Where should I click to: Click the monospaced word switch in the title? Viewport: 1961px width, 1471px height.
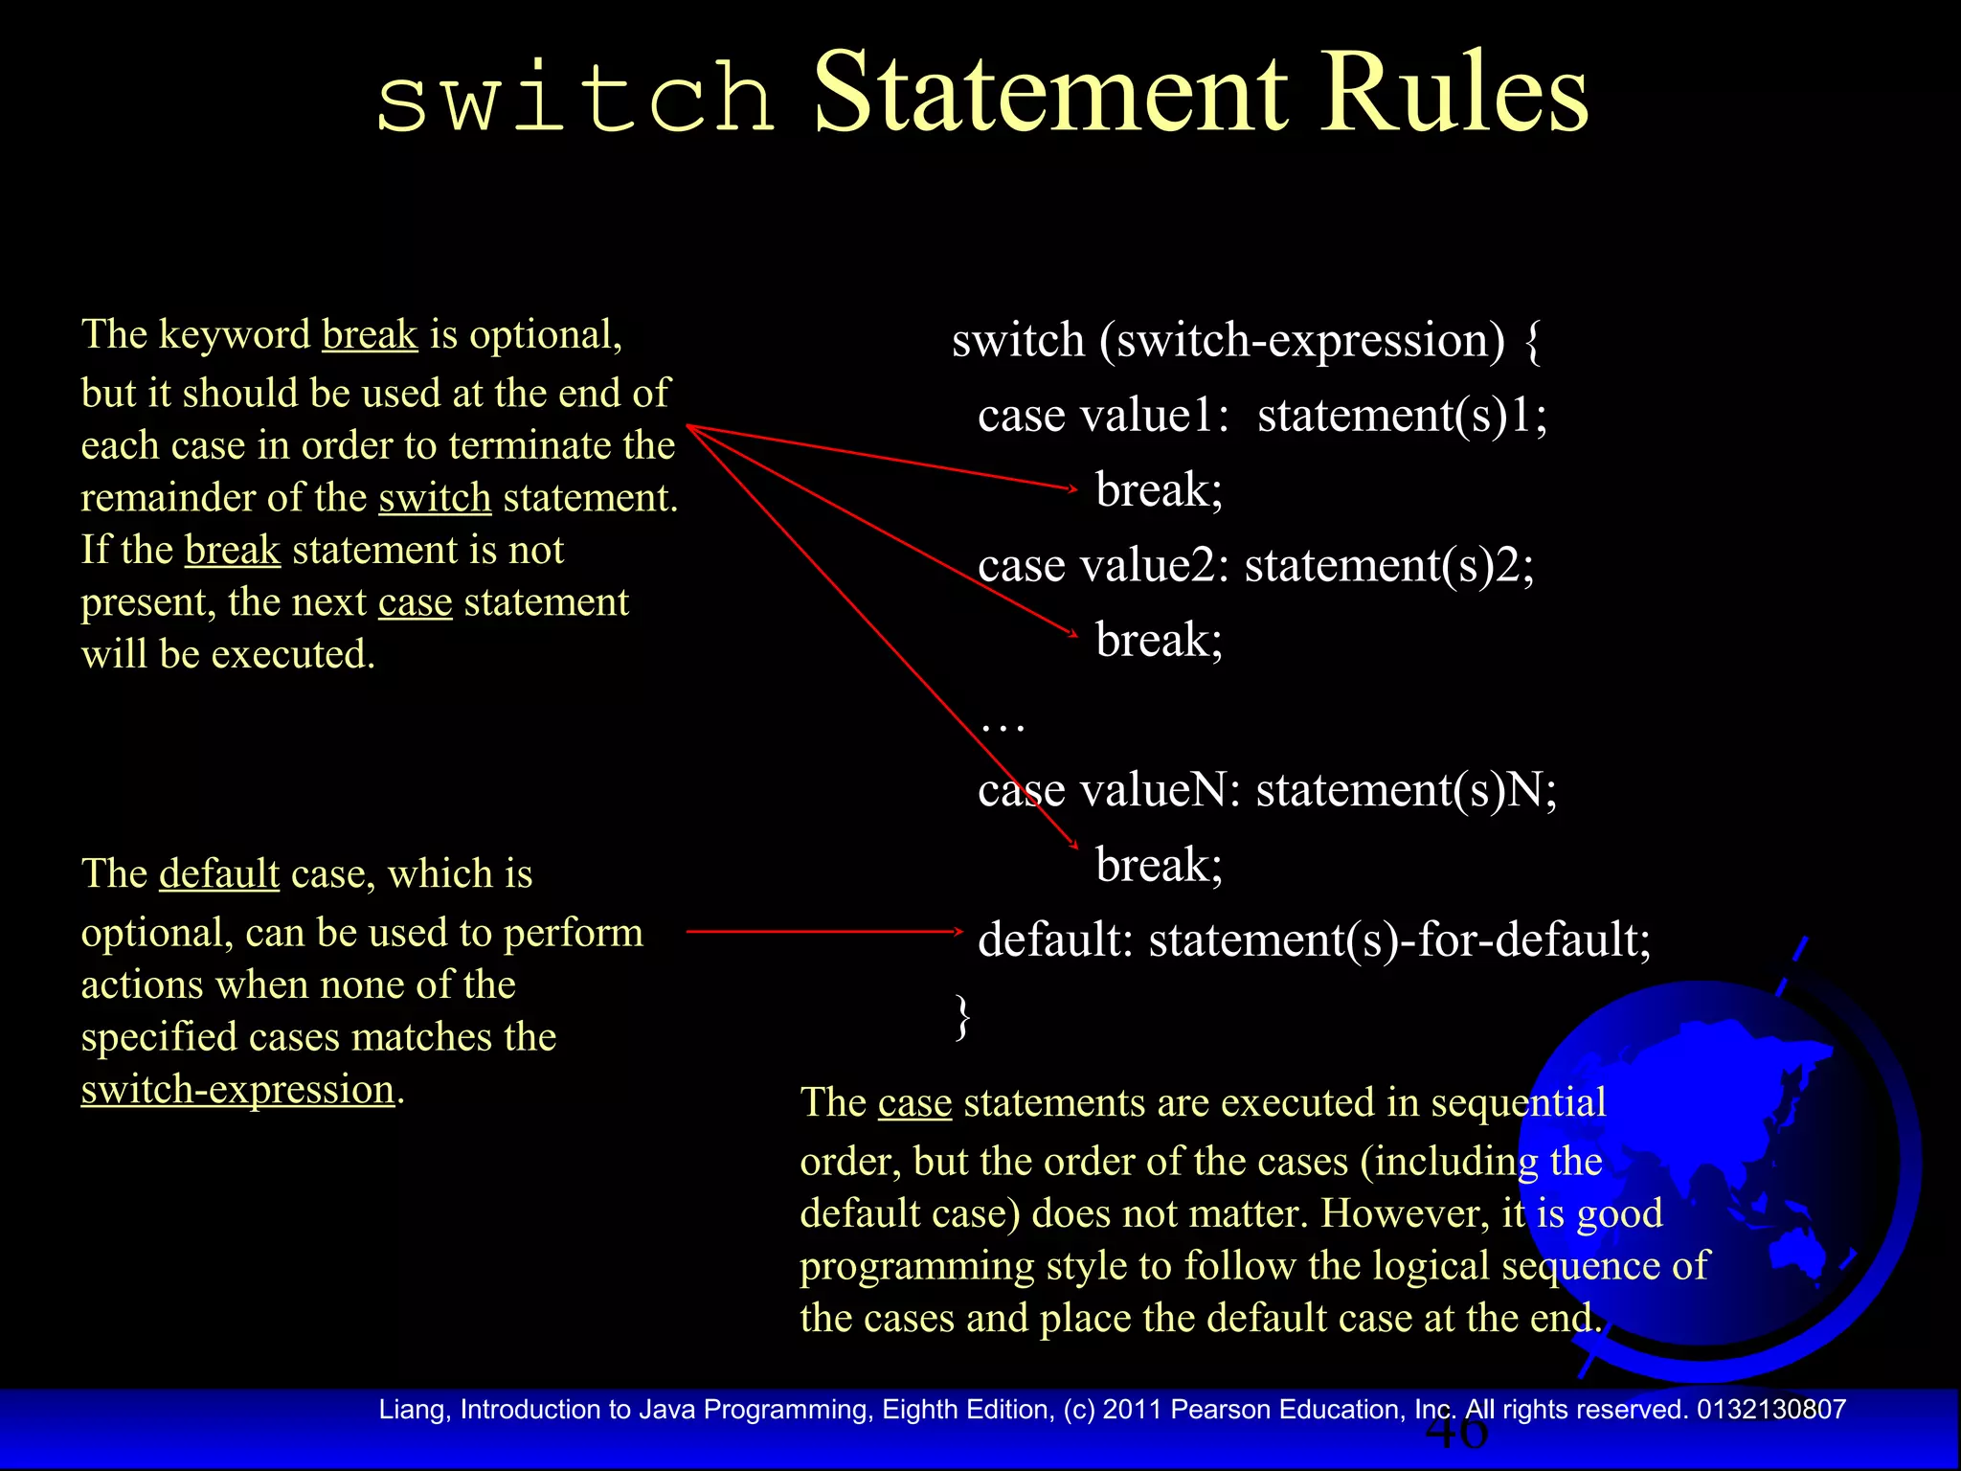[x=575, y=98]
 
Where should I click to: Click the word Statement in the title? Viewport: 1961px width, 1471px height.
[x=1049, y=92]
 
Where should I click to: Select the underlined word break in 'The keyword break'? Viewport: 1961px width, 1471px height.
[x=370, y=335]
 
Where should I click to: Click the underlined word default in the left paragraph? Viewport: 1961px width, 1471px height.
[x=219, y=874]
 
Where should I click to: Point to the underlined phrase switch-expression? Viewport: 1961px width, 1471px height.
[x=237, y=1090]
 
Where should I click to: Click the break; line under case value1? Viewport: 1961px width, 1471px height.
[x=1159, y=490]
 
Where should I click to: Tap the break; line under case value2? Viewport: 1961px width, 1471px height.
[x=1159, y=641]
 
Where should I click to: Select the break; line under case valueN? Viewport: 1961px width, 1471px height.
[x=1159, y=865]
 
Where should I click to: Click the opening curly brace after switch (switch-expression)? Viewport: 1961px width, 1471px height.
[x=1532, y=342]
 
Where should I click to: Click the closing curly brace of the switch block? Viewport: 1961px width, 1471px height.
[x=962, y=1016]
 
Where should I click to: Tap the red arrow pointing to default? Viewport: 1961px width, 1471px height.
[x=823, y=931]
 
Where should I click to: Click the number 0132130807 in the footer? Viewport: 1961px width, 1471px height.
[x=1771, y=1410]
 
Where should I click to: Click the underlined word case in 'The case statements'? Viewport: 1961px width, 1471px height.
[x=914, y=1103]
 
